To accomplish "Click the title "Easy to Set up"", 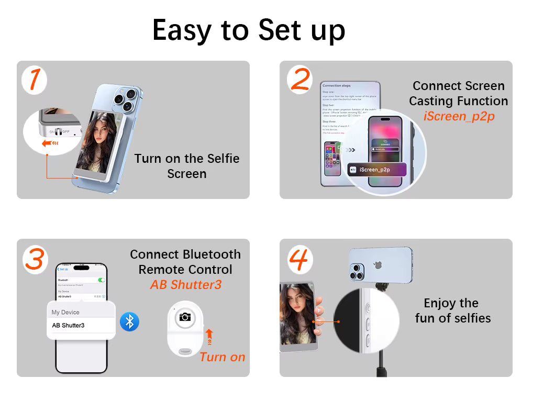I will (x=249, y=30).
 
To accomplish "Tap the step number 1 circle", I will (x=35, y=80).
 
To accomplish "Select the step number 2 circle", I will (x=300, y=80).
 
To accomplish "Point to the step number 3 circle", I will (x=35, y=259).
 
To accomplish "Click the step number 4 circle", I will (x=300, y=259).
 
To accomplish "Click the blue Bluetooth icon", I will (x=129, y=321).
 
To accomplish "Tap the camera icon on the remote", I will (x=184, y=317).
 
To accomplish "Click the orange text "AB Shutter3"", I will (x=185, y=285).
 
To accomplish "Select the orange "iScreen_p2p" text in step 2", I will (x=459, y=116).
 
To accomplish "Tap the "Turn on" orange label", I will (x=222, y=358).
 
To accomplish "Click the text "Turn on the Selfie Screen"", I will (x=186, y=166).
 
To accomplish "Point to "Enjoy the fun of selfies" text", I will (x=452, y=310).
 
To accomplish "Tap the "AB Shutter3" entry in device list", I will (x=68, y=326).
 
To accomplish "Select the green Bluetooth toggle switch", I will (x=102, y=280).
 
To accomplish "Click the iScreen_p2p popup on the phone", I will (x=377, y=170).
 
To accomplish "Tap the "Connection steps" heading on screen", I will (x=337, y=85).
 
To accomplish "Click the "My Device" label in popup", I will (x=65, y=312).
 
